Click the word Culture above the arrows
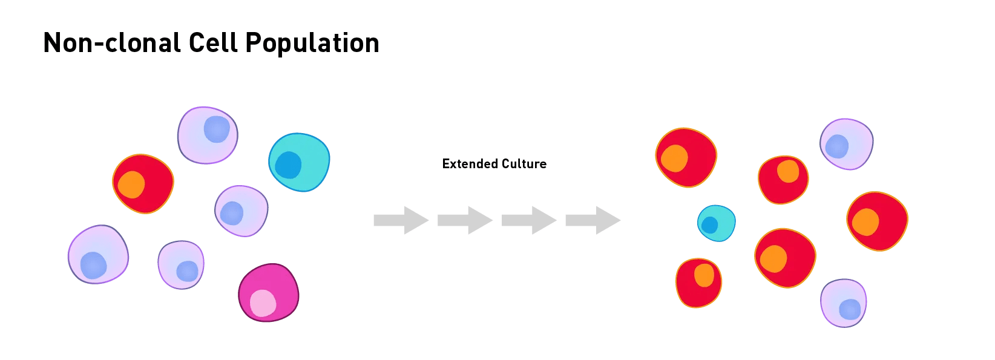pyautogui.click(x=525, y=163)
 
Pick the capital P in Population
pyautogui.click(x=253, y=43)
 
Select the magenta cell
pyautogui.click(x=268, y=292)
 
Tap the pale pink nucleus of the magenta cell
pyautogui.click(x=263, y=303)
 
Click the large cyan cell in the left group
pyautogui.click(x=300, y=162)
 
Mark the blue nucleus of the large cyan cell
pyautogui.click(x=288, y=165)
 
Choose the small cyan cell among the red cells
pyautogui.click(x=717, y=223)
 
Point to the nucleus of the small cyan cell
pyautogui.click(x=709, y=225)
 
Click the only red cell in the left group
pyautogui.click(x=143, y=183)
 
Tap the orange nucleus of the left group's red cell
pyautogui.click(x=131, y=185)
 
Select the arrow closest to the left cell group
pyautogui.click(x=401, y=220)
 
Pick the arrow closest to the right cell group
pyautogui.click(x=593, y=220)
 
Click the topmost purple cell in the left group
pyautogui.click(x=207, y=135)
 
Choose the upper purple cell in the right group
pyautogui.click(x=847, y=143)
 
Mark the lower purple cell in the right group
pyautogui.click(x=844, y=303)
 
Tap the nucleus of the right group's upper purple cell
pyautogui.click(x=837, y=146)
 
